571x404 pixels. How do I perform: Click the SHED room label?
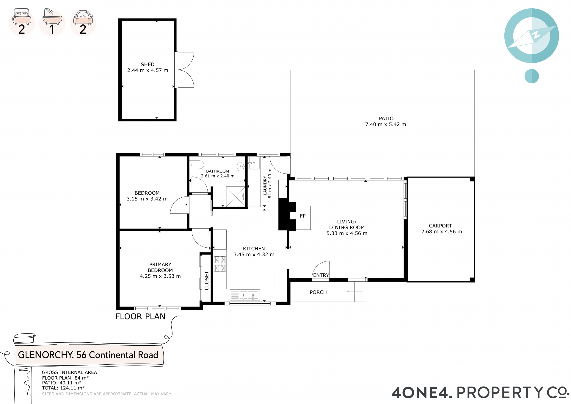pos(148,64)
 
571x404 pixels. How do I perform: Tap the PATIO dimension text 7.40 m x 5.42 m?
pos(385,124)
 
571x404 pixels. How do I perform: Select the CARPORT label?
pos(440,226)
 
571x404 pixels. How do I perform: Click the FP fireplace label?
pos(303,216)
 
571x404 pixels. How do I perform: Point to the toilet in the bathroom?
pos(197,165)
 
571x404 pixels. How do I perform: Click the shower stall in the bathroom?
pos(236,196)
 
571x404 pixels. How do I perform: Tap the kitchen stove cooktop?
pos(220,264)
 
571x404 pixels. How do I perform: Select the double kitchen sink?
pos(245,295)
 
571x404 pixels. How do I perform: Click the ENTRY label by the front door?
pos(321,275)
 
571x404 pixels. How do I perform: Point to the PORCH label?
pos(318,292)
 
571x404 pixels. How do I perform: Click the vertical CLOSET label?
pos(207,280)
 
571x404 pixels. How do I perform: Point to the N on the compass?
pos(536,35)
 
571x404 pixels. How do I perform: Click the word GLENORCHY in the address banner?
pos(46,355)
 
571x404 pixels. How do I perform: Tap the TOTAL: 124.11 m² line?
pos(63,388)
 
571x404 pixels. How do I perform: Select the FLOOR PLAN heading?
pos(140,316)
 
